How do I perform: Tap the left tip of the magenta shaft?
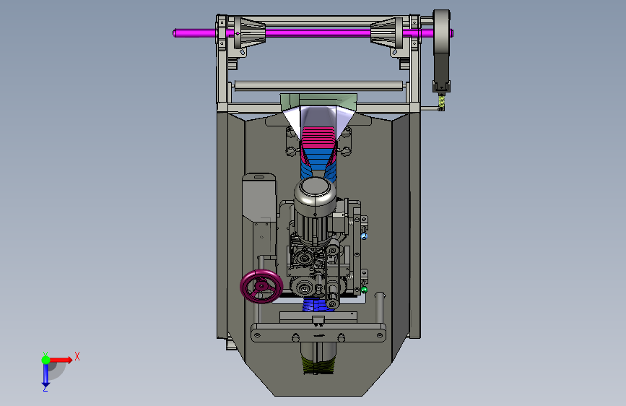click(174, 33)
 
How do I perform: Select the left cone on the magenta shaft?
click(250, 33)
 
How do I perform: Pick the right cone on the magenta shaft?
click(386, 33)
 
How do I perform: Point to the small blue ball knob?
click(364, 236)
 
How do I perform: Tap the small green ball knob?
click(364, 289)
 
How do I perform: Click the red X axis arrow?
click(61, 360)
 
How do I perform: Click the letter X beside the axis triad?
click(77, 356)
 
